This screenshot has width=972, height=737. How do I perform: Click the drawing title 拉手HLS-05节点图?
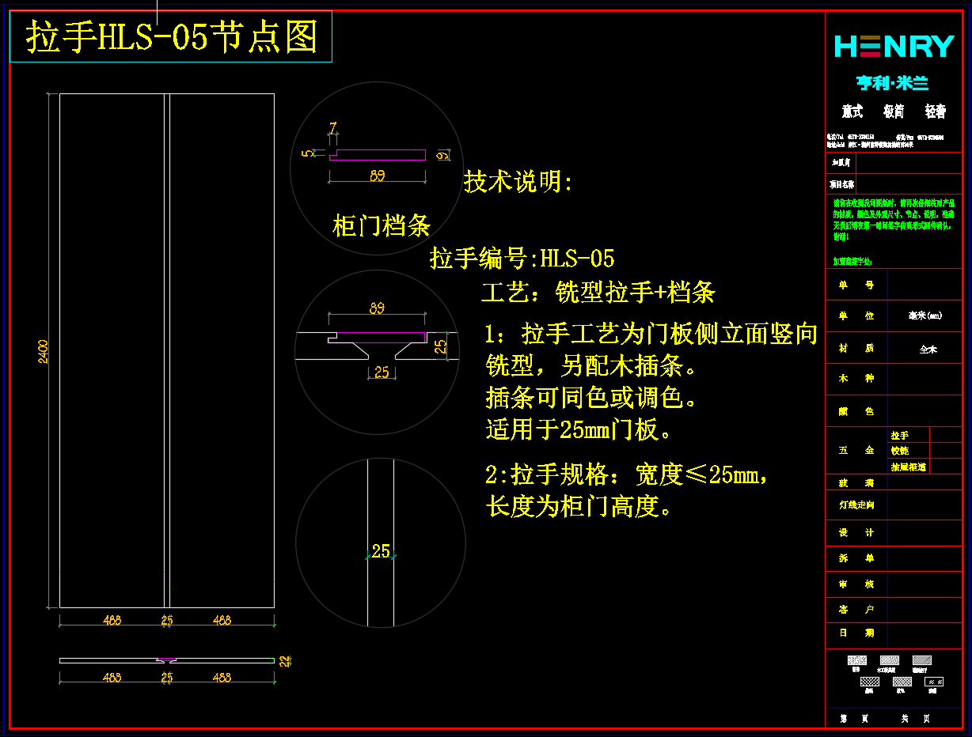(171, 37)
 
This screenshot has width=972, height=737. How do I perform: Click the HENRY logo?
(894, 47)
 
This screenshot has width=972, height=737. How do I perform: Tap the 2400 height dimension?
(44, 351)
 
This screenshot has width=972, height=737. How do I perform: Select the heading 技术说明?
(518, 183)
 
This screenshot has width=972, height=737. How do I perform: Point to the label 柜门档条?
(382, 226)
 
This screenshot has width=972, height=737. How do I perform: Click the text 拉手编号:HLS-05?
(522, 259)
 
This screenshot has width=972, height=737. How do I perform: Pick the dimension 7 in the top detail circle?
(333, 127)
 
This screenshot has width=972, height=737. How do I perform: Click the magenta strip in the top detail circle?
(378, 155)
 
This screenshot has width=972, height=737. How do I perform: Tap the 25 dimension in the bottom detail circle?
(381, 551)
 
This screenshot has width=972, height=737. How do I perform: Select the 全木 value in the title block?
(928, 349)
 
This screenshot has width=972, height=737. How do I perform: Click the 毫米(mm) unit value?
(925, 316)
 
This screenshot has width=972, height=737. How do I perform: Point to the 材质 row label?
(856, 348)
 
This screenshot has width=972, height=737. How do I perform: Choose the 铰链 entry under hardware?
(900, 451)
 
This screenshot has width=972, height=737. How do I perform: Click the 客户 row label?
(856, 610)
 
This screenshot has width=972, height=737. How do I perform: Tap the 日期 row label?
(856, 633)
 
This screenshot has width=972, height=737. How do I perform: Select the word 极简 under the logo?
(894, 112)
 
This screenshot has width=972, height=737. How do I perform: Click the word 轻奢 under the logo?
(935, 112)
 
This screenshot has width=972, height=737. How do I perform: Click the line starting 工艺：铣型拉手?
(598, 293)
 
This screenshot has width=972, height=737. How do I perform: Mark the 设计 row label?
(856, 533)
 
